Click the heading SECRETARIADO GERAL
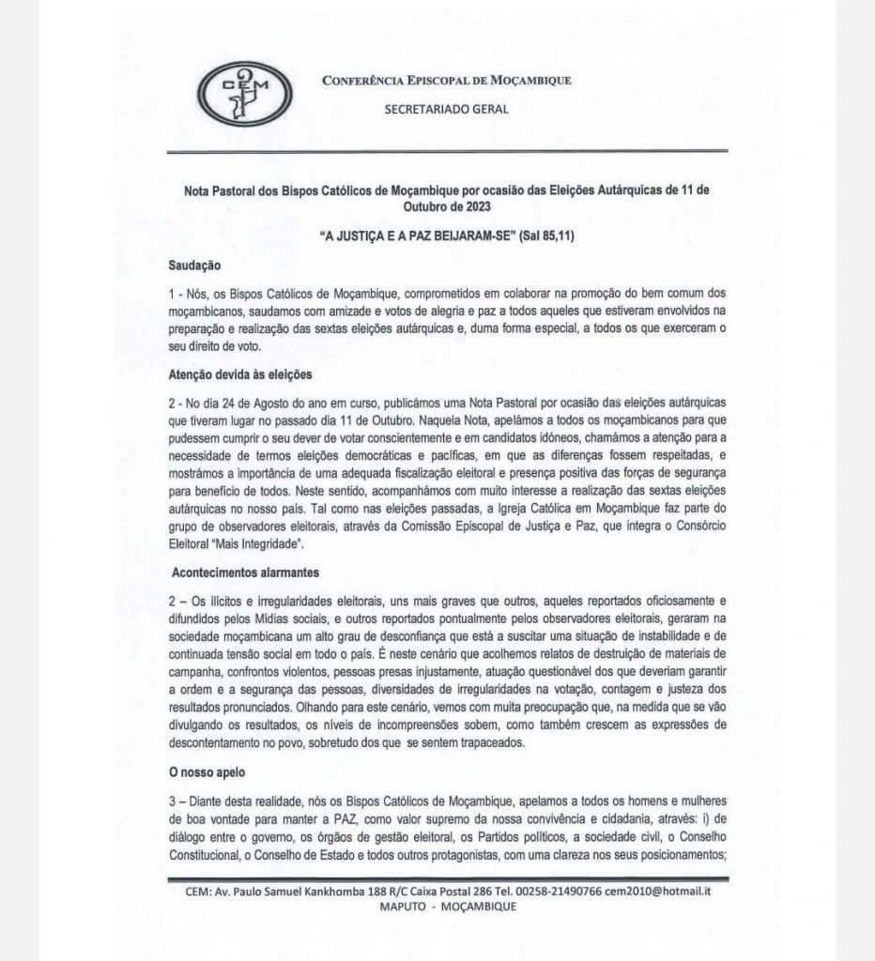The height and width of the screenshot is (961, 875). [447, 109]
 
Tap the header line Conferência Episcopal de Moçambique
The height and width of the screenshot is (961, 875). [446, 80]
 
